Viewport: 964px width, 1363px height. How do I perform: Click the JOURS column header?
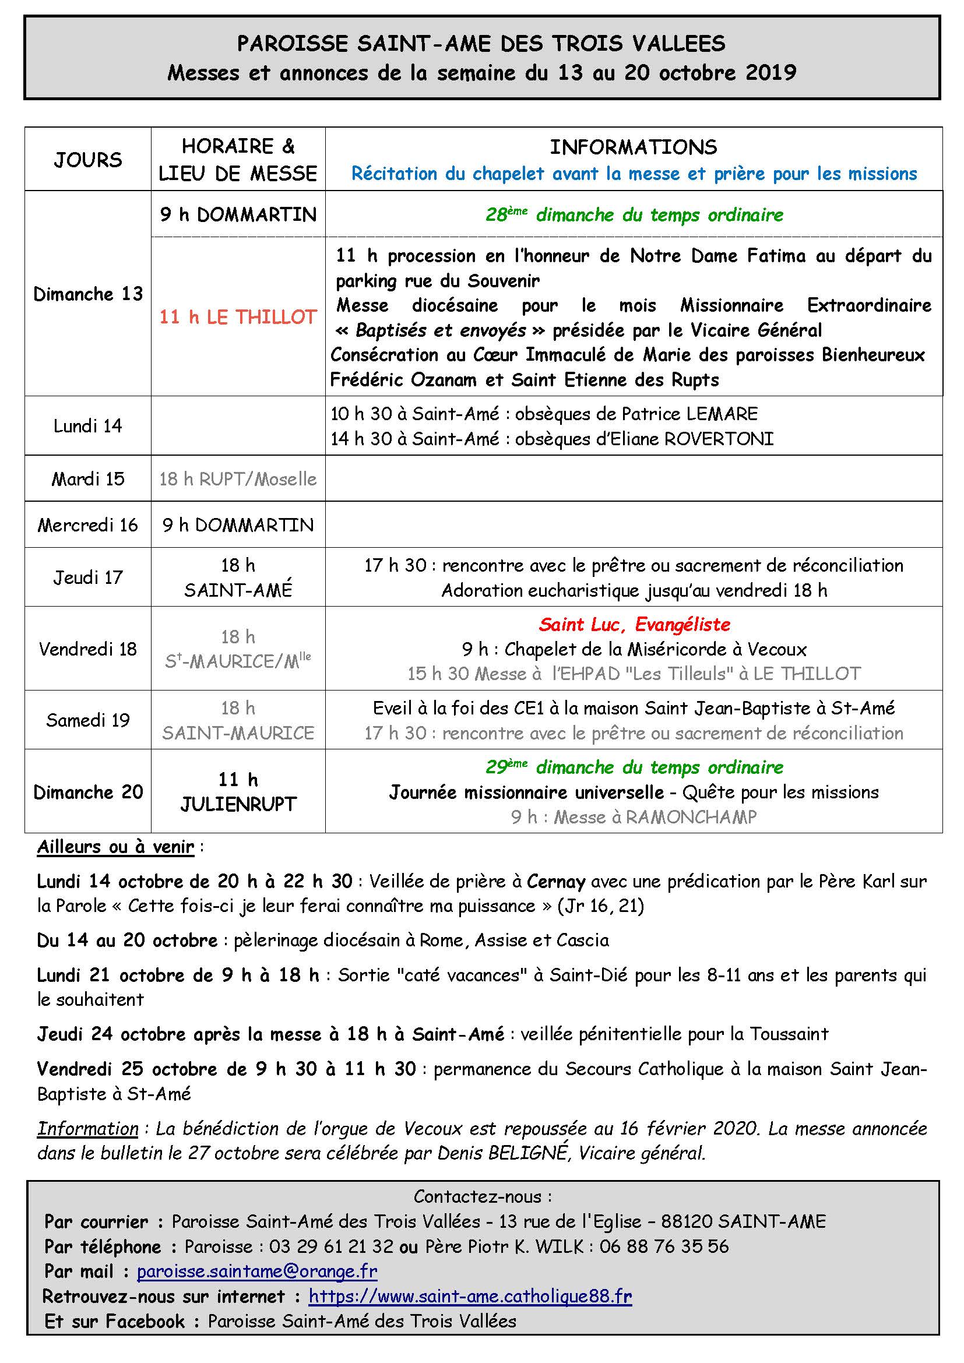pyautogui.click(x=88, y=160)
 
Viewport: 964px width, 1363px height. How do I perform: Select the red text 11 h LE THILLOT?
pyautogui.click(x=238, y=317)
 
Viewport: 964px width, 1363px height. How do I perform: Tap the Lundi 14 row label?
pyautogui.click(x=88, y=425)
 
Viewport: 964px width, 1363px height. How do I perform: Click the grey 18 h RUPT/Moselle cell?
pyautogui.click(x=238, y=479)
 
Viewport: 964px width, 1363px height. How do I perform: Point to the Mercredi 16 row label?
pyautogui.click(x=88, y=525)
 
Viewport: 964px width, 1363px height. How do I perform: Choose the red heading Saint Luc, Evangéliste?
pyautogui.click(x=634, y=625)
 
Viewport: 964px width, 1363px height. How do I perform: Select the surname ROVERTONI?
pyautogui.click(x=719, y=439)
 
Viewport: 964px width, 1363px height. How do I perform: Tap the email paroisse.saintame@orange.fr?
pyautogui.click(x=257, y=1271)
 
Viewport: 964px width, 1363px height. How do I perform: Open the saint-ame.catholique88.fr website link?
pyautogui.click(x=470, y=1296)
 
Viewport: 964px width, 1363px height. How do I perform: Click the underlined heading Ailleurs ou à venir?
pyautogui.click(x=116, y=847)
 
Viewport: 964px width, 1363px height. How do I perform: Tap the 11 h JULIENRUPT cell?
pyautogui.click(x=238, y=792)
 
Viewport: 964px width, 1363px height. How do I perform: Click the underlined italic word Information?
pyautogui.click(x=88, y=1129)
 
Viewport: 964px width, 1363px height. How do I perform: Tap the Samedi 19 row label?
pyautogui.click(x=88, y=720)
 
